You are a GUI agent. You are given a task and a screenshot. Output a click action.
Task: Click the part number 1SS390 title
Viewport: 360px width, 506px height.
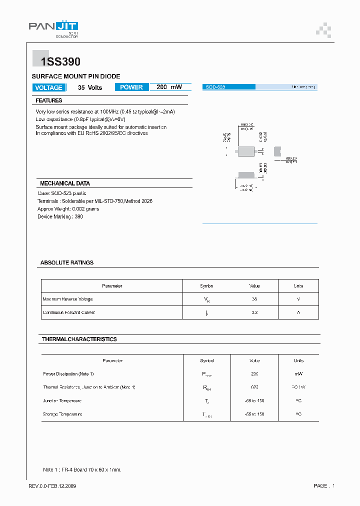point(56,62)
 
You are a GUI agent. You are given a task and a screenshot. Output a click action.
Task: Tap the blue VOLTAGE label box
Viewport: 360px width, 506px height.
point(49,87)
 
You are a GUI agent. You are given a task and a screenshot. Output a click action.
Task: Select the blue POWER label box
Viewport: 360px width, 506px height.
point(131,87)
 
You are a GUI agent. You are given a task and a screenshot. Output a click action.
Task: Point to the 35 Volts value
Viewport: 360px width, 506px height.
point(90,87)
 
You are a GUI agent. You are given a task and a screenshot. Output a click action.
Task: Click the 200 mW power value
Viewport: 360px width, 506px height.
point(169,87)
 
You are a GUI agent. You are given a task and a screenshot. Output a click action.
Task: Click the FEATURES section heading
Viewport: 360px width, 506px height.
point(49,100)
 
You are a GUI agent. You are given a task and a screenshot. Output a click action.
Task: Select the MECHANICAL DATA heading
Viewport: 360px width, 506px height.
point(65,183)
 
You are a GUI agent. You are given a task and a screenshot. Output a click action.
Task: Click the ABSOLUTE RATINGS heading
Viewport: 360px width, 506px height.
point(67,262)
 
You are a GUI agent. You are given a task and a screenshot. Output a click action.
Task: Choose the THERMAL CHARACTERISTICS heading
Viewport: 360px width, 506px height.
point(79,339)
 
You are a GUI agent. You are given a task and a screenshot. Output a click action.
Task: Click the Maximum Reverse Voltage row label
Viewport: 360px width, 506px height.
point(67,299)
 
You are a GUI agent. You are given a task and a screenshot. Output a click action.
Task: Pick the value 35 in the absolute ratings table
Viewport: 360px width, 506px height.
point(254,299)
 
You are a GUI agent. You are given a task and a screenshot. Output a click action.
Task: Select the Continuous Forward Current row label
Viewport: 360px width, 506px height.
point(69,312)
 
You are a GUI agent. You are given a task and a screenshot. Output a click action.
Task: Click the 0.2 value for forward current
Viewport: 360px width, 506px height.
point(254,312)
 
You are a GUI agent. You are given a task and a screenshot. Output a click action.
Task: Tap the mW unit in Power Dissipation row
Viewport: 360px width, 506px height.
point(298,373)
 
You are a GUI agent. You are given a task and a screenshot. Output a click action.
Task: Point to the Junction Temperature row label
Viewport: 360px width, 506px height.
point(62,400)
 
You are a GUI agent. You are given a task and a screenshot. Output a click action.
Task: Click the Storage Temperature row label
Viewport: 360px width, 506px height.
point(63,414)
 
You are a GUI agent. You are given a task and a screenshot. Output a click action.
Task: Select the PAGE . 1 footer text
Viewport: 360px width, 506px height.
point(324,486)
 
